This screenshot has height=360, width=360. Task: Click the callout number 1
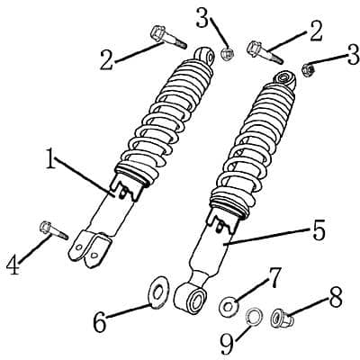(x=51, y=158)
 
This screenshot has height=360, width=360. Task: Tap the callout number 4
(x=13, y=265)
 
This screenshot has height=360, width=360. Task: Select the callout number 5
(x=319, y=229)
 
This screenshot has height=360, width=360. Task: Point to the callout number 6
(x=100, y=322)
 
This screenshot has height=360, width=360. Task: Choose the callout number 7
(x=274, y=277)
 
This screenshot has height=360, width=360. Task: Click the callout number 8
(x=336, y=297)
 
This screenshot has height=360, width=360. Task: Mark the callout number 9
(x=227, y=344)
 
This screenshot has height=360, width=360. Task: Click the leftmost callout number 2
(x=107, y=60)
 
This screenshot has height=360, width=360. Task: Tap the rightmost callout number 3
(x=353, y=55)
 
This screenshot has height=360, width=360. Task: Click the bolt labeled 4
(x=54, y=230)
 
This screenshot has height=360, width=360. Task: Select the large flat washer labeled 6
(x=158, y=292)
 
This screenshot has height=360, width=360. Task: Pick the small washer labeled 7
(x=229, y=305)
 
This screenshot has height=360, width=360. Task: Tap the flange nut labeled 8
(x=282, y=319)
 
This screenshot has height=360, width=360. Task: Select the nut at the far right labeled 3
(x=309, y=70)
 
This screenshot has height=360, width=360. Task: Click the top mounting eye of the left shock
(x=204, y=56)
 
